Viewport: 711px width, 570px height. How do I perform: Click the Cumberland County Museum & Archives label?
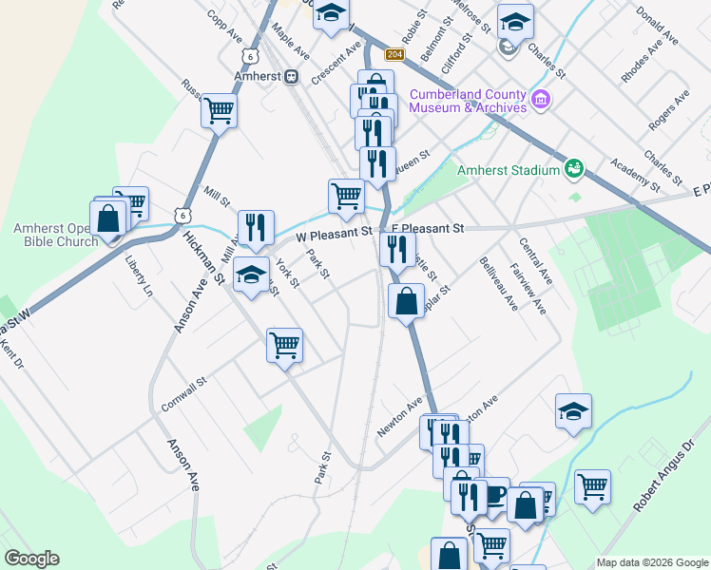point(467,101)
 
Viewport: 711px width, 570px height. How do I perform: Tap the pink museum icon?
point(542,98)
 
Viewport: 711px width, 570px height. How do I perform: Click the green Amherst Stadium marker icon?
point(574,168)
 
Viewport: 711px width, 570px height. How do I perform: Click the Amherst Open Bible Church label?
point(55,235)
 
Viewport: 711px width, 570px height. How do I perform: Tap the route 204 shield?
point(395,56)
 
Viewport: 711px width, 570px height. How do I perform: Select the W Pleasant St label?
point(332,232)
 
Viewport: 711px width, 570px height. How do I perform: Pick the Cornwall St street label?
point(183,395)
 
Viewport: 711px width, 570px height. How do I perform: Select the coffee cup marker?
point(493,494)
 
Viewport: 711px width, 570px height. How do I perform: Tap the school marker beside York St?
point(251,275)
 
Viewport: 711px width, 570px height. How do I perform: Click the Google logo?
point(31,559)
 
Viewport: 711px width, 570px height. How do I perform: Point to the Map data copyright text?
point(652,562)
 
